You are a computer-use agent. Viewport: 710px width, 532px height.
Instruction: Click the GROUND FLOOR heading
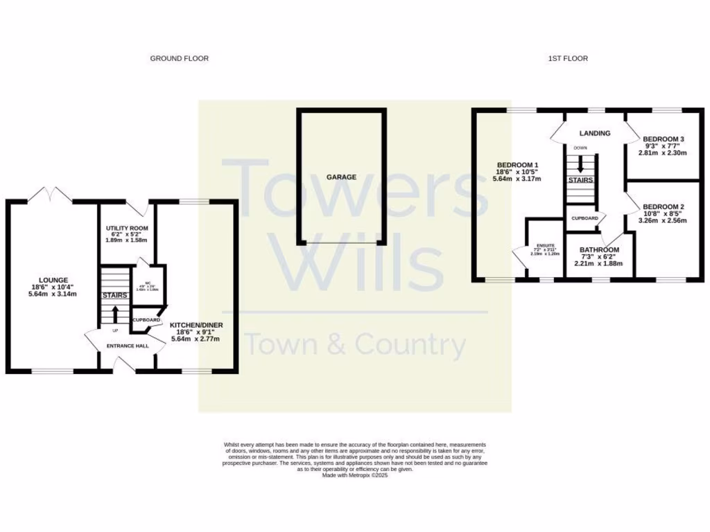179,59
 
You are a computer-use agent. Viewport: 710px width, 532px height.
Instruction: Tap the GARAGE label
342,177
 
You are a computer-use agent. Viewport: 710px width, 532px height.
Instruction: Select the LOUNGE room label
53,281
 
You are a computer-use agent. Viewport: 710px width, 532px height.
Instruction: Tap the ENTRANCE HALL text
127,346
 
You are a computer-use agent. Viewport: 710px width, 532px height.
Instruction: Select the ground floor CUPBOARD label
146,320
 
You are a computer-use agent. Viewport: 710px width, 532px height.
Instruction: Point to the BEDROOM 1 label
517,165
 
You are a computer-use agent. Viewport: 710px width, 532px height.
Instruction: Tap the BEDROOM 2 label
663,207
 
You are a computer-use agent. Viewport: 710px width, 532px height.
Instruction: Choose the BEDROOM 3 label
663,139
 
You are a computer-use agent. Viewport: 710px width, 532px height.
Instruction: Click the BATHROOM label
600,250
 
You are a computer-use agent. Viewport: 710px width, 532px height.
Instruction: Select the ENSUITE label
544,245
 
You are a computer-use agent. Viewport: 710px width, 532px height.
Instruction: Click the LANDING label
595,133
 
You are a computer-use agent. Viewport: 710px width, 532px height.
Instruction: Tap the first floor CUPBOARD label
585,218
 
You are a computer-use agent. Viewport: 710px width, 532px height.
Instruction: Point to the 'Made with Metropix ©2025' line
355,475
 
